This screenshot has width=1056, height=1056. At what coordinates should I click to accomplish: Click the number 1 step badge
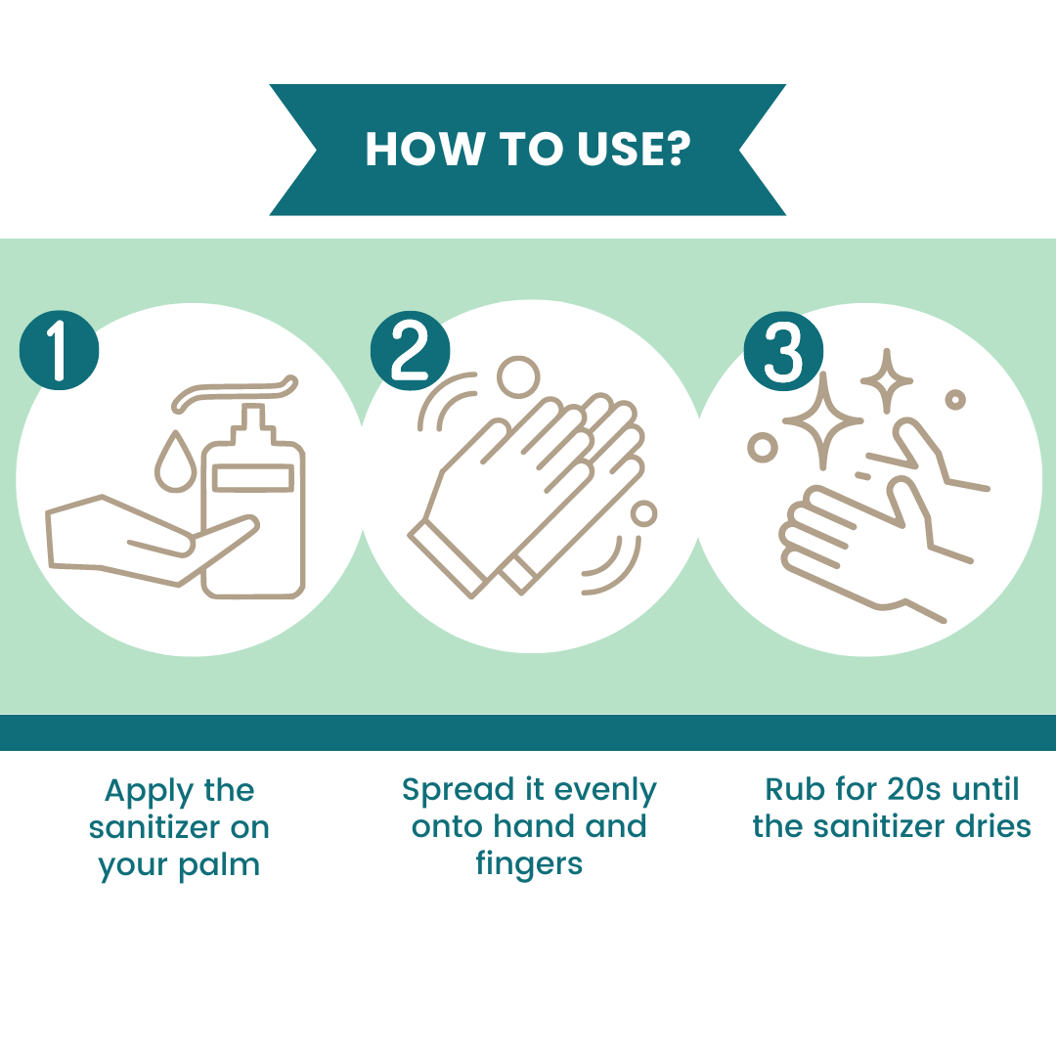pyautogui.click(x=60, y=350)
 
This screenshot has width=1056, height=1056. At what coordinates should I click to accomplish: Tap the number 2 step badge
pyautogui.click(x=410, y=350)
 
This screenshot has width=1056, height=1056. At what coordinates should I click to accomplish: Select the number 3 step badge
pyautogui.click(x=783, y=351)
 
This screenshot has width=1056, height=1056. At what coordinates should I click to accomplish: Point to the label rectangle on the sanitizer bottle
pyautogui.click(x=253, y=477)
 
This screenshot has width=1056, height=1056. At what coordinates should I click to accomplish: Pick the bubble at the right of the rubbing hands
pyautogui.click(x=643, y=514)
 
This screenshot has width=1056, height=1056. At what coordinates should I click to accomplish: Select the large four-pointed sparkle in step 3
pyautogui.click(x=822, y=421)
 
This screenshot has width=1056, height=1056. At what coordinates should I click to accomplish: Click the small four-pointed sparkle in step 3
pyautogui.click(x=887, y=381)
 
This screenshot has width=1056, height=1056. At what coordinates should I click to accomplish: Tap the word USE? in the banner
pyautogui.click(x=633, y=149)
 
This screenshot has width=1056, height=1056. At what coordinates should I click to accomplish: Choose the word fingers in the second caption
pyautogui.click(x=529, y=864)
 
